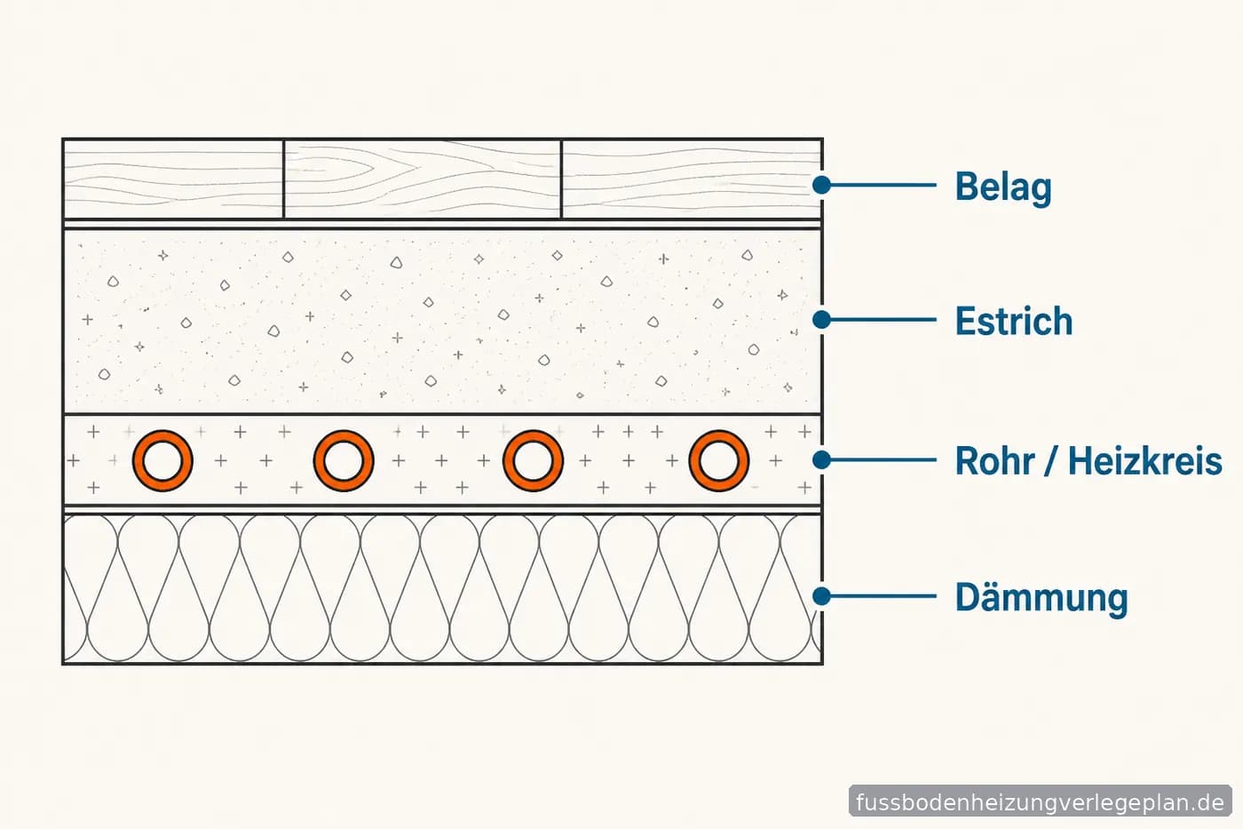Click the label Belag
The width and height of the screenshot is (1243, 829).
(1003, 187)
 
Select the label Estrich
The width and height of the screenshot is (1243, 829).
(1014, 321)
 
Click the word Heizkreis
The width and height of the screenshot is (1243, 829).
(1144, 461)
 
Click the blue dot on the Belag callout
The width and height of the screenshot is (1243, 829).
(822, 185)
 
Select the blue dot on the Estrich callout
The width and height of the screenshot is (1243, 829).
(822, 320)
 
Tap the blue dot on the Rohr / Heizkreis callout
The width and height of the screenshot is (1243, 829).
(822, 459)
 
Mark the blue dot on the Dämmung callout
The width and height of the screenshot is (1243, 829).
(822, 596)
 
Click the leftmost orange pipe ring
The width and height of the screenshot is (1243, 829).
(136, 461)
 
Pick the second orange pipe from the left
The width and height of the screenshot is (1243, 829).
(318, 461)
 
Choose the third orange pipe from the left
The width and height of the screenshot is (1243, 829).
(507, 461)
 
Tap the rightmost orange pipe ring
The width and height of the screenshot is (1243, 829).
(693, 461)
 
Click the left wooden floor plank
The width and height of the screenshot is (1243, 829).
(173, 179)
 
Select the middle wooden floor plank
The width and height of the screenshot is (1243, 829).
(423, 179)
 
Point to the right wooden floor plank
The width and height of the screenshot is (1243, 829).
(692, 179)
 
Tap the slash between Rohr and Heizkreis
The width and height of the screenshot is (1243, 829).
(1051, 461)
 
